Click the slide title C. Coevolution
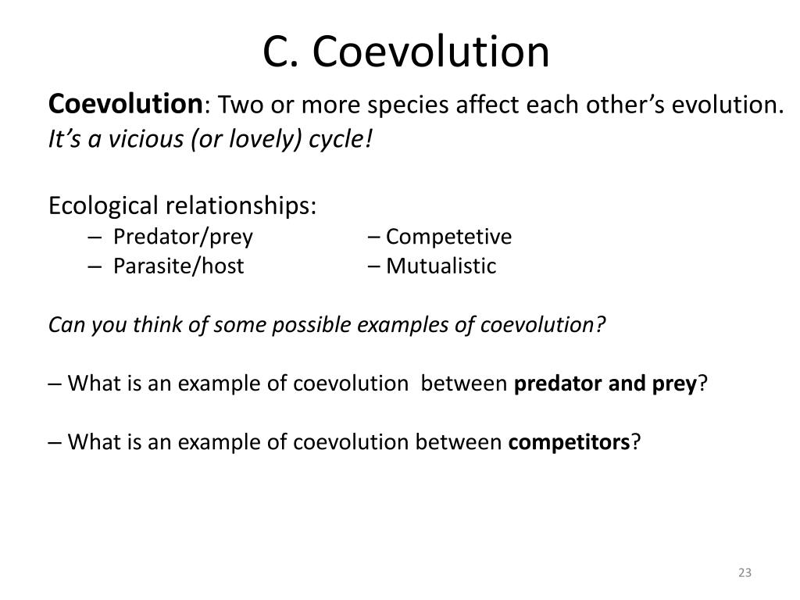point(405,52)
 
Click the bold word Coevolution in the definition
point(126,103)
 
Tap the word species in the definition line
point(400,105)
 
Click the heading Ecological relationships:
point(183,206)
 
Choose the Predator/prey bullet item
point(183,237)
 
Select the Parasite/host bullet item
point(178,266)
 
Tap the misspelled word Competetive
point(448,237)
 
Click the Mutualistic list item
point(441,266)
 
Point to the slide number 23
point(744,573)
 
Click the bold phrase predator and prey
point(605,384)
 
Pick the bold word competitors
point(569,442)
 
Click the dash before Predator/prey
point(95,237)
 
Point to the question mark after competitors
point(636,442)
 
